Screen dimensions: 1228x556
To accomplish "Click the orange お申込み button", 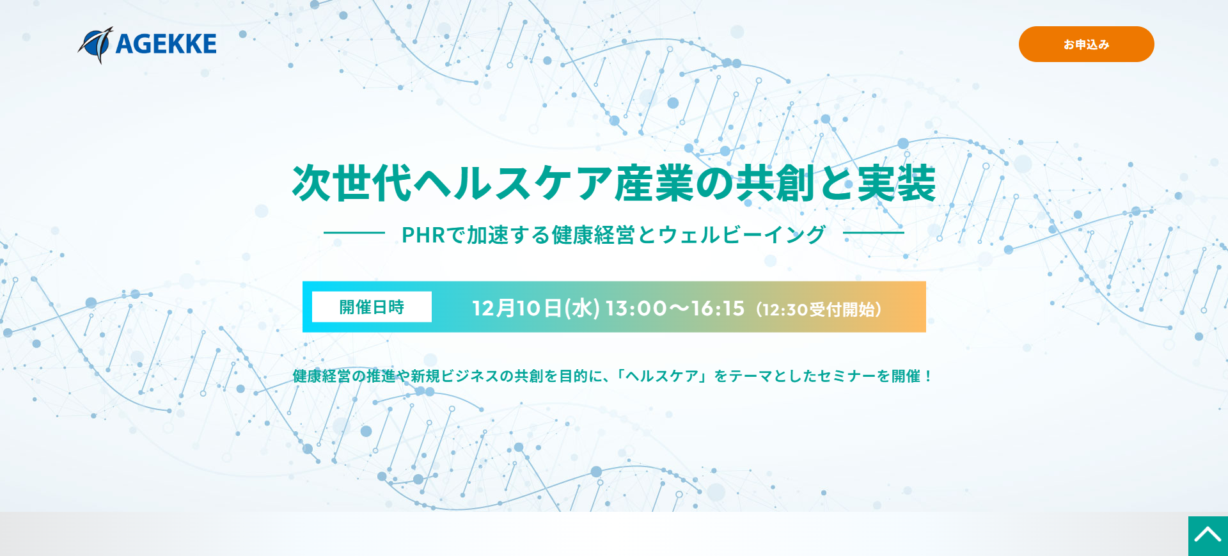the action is coord(1086,44).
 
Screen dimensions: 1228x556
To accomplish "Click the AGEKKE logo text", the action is coord(166,44).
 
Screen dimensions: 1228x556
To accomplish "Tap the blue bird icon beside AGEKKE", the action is coord(96,45).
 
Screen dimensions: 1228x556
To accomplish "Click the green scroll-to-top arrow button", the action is coord(1208,536).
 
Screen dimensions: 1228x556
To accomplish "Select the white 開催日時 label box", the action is coord(372,307).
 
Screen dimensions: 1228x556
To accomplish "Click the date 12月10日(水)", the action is coord(536,308).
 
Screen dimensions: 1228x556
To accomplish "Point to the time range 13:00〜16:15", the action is coord(675,308).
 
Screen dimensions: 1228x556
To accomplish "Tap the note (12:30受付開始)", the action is coord(819,310).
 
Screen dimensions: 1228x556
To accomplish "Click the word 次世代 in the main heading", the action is coord(351,184).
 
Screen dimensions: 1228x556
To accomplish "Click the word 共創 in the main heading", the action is coord(775,184).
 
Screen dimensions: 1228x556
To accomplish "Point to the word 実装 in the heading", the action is coord(896,184).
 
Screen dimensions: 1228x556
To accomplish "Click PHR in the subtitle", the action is coord(423,235).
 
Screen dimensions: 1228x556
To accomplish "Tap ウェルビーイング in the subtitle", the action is coord(742,235).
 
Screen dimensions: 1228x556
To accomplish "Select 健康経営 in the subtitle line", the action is coord(593,235).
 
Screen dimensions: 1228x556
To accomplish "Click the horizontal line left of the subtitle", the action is coord(354,233).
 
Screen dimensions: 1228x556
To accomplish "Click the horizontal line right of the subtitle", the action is coord(874,233).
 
